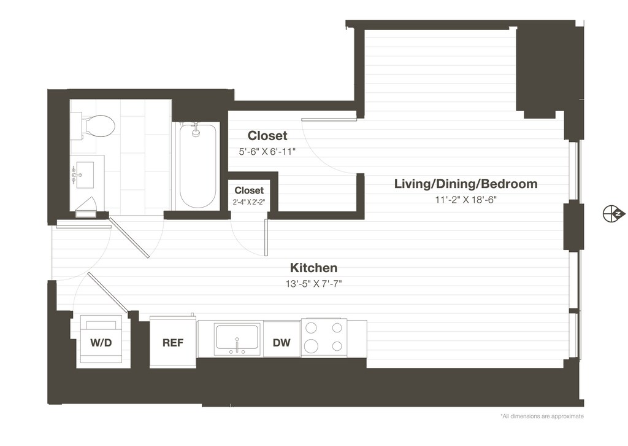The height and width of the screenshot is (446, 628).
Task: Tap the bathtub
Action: tap(197, 166)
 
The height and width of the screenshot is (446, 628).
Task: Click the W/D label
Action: tap(101, 343)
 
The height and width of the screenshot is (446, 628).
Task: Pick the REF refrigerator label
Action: tap(173, 343)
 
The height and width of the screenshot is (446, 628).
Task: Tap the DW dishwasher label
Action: tap(281, 343)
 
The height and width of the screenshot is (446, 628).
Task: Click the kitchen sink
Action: tap(237, 338)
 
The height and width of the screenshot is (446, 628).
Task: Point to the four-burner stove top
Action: tap(324, 337)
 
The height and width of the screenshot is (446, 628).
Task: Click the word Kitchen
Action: tap(313, 267)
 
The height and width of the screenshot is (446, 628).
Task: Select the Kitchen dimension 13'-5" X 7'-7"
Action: tap(313, 284)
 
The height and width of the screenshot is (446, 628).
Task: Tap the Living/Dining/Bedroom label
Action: tap(466, 184)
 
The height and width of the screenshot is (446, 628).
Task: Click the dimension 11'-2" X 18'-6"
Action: tap(466, 200)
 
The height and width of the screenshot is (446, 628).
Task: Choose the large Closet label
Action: tap(267, 136)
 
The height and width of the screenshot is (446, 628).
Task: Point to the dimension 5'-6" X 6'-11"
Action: tap(267, 152)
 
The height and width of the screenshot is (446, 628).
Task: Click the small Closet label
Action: tap(249, 190)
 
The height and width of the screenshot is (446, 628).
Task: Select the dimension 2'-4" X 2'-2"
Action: tap(249, 202)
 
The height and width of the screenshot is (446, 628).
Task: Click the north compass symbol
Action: tap(613, 213)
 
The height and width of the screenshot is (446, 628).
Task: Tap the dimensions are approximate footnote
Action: tap(542, 417)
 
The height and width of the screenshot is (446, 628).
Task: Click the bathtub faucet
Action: tap(196, 131)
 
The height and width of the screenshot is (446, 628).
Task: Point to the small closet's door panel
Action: tap(266, 238)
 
